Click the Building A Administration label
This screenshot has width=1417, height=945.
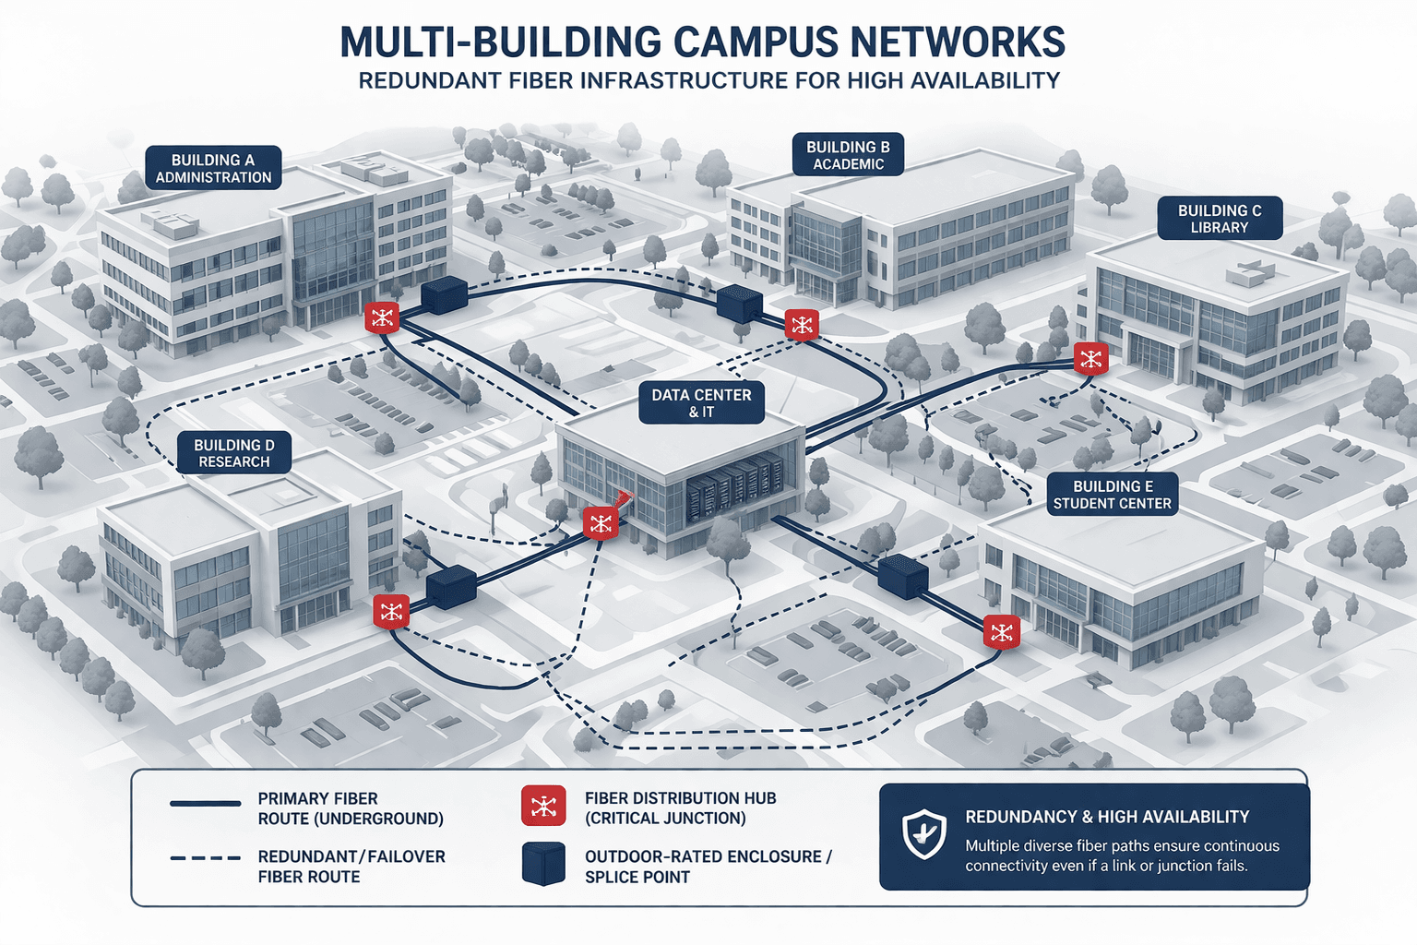point(213,168)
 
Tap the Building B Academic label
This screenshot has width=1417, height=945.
point(848,155)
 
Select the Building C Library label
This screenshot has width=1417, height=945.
point(1219,219)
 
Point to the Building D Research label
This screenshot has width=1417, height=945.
point(233,453)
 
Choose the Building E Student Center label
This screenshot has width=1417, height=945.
point(1112,495)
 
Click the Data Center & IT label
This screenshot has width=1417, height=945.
point(701,403)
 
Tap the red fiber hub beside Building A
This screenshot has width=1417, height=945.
point(382,318)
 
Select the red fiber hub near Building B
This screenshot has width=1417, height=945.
point(802,325)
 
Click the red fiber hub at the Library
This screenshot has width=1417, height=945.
point(1091,359)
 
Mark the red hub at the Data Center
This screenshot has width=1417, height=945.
point(601,524)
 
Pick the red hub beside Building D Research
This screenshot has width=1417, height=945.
point(391,611)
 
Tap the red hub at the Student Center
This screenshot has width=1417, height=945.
point(1001,632)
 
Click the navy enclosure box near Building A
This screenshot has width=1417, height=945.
point(445,294)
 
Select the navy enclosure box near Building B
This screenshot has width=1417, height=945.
point(739,304)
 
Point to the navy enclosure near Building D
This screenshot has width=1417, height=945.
point(451,587)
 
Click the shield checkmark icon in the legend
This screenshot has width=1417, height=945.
point(923,834)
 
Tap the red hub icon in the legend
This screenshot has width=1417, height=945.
point(543,806)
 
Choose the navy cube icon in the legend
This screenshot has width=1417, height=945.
point(543,864)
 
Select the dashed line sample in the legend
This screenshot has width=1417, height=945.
point(205,858)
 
